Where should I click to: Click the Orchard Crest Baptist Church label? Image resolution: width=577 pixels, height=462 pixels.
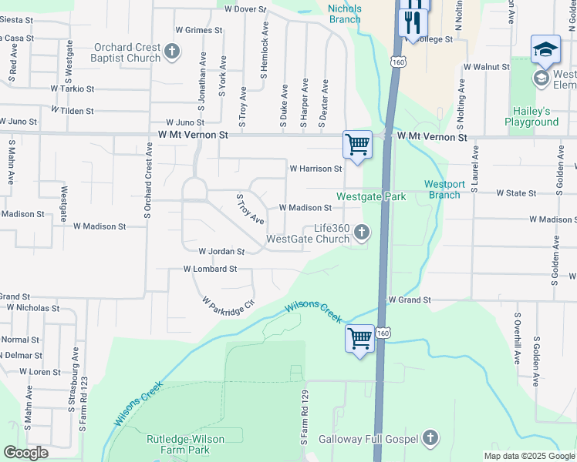coord(127,52)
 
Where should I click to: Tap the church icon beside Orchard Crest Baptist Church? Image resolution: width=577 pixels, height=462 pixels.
coord(171,52)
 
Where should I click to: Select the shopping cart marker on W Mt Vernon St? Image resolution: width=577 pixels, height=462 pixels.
coord(357,144)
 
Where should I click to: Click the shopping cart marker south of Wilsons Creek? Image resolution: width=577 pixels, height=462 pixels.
coord(359,339)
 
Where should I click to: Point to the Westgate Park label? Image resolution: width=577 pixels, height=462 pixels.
coord(370,197)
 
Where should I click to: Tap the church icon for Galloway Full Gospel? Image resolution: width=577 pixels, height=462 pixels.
coord(430,439)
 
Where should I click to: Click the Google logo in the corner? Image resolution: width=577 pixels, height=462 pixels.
coord(25,453)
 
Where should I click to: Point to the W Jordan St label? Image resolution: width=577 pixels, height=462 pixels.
coord(221,251)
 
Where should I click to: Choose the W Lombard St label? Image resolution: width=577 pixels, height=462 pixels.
coord(210,269)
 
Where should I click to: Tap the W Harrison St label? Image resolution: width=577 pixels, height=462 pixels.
coord(315,168)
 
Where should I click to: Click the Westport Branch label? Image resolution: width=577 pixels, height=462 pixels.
coord(444,189)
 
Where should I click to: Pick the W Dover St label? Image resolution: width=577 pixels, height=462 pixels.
coord(245,9)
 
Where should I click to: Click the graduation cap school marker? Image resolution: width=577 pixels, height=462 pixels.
coord(545,51)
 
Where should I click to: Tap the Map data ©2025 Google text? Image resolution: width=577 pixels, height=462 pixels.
coord(529,456)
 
